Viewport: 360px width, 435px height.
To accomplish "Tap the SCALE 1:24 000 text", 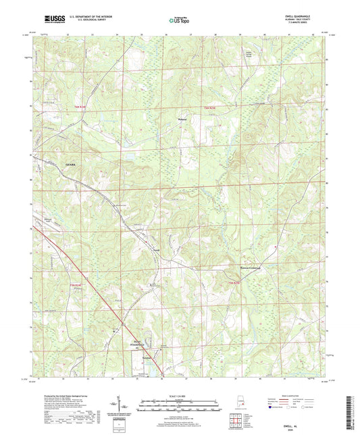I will [180, 394].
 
